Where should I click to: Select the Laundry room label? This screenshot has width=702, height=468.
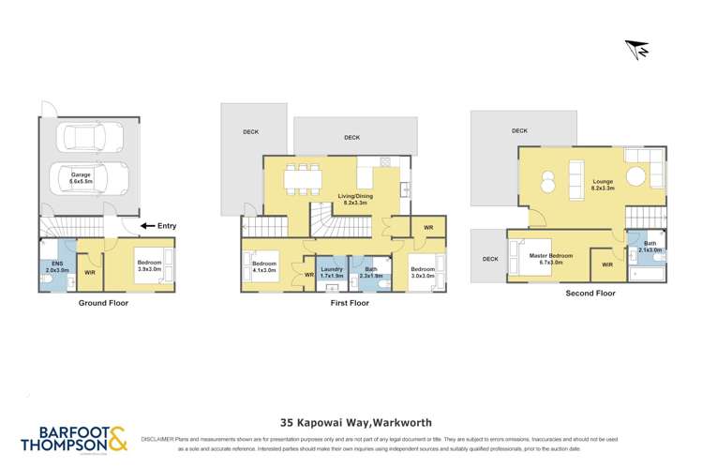point(333,273)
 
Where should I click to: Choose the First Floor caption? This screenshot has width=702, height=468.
point(348,304)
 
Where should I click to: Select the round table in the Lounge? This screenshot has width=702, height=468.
point(635,174)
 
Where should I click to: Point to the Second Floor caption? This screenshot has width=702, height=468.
point(590,294)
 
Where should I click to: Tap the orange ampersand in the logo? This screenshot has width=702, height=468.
point(116,437)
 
